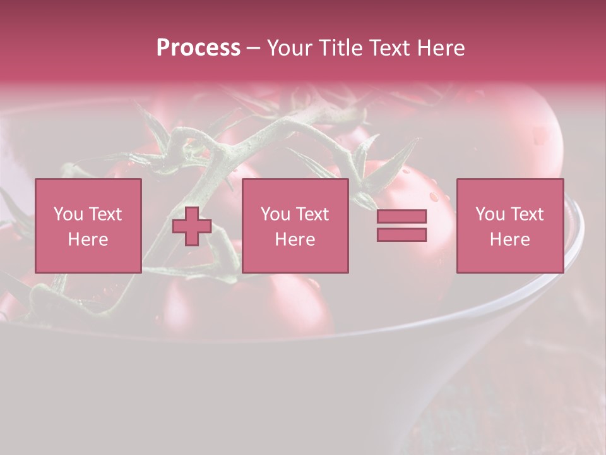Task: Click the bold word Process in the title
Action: pos(198,48)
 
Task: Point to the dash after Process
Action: pos(254,48)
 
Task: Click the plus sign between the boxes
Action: pos(192,226)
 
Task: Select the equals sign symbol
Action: pos(401,226)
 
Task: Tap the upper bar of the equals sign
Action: pos(401,217)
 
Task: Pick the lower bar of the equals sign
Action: pos(401,234)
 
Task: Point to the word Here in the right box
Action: pos(509,240)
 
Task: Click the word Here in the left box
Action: pos(88,240)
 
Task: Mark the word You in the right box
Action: pos(490,214)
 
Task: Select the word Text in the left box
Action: pos(105,214)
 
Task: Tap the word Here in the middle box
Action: pos(295,240)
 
